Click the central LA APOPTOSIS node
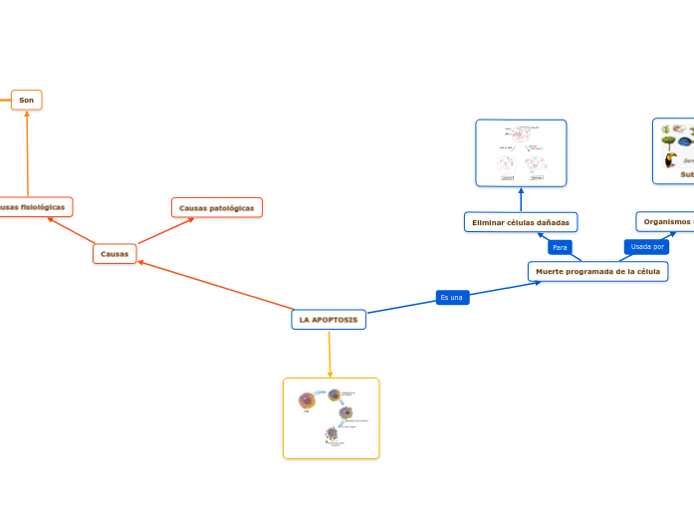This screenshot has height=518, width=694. pyautogui.click(x=329, y=320)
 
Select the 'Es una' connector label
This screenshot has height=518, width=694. pyautogui.click(x=451, y=297)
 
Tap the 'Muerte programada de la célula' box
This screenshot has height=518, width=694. pyautogui.click(x=597, y=271)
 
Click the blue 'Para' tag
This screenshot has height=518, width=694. pyautogui.click(x=560, y=247)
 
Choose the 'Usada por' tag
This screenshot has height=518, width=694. pyautogui.click(x=647, y=246)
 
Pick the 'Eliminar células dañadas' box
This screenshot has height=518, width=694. pyautogui.click(x=521, y=222)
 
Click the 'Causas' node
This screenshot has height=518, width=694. pyautogui.click(x=116, y=254)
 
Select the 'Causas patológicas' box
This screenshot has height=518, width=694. pyautogui.click(x=217, y=207)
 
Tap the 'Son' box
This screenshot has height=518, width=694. pyautogui.click(x=27, y=100)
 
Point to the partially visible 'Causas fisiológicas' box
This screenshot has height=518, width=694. pyautogui.click(x=35, y=207)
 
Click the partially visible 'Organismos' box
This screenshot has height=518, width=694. pyautogui.click(x=665, y=221)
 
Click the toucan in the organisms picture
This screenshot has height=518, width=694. pyautogui.click(x=669, y=158)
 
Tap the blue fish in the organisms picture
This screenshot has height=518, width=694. pyautogui.click(x=684, y=141)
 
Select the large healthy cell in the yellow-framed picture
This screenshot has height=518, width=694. pyautogui.click(x=307, y=400)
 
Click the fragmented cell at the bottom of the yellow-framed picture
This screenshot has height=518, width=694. pyautogui.click(x=332, y=434)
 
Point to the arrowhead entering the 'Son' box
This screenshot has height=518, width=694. pyautogui.click(x=27, y=114)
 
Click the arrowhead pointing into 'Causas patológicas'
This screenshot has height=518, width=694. pyautogui.click(x=190, y=220)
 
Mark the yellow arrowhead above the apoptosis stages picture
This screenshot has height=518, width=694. pyautogui.click(x=330, y=374)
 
